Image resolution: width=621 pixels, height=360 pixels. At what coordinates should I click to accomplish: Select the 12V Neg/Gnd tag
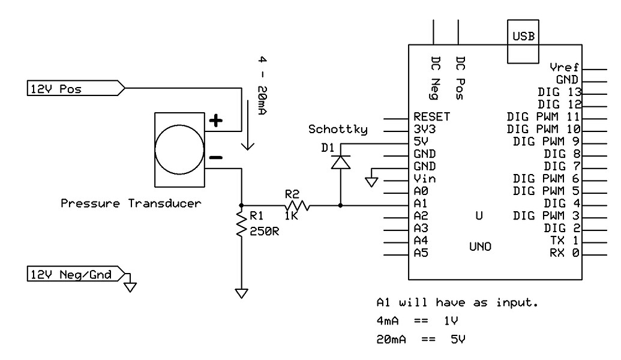pos(75,275)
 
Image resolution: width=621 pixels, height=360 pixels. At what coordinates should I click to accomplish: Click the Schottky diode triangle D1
pos(341,163)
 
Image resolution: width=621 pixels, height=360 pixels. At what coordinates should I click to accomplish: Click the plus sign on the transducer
pos(215,121)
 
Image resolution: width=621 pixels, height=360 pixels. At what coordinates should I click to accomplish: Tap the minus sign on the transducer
pos(215,158)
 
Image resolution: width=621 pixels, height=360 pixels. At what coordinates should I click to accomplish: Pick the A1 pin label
pos(421,203)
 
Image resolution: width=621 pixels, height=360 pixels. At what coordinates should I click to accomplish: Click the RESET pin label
pos(431,116)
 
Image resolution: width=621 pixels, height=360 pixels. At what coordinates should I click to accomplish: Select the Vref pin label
pos(563,67)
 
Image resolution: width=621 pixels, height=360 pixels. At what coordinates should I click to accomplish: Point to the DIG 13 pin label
pos(560,92)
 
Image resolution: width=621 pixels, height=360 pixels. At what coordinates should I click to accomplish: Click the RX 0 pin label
pos(564,253)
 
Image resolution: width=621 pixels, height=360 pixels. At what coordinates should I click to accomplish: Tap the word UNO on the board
pos(480,246)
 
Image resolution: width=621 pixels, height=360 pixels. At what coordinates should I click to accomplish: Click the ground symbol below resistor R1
pos(241,293)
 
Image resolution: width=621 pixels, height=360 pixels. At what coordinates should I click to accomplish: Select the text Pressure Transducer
pos(131,203)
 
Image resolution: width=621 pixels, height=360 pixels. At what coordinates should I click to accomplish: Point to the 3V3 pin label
pos(424,128)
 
